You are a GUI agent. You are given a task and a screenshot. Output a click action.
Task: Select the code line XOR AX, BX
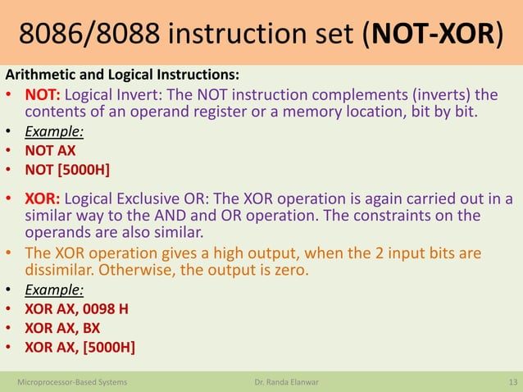62,328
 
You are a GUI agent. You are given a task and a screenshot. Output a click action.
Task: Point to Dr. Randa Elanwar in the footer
283,381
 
